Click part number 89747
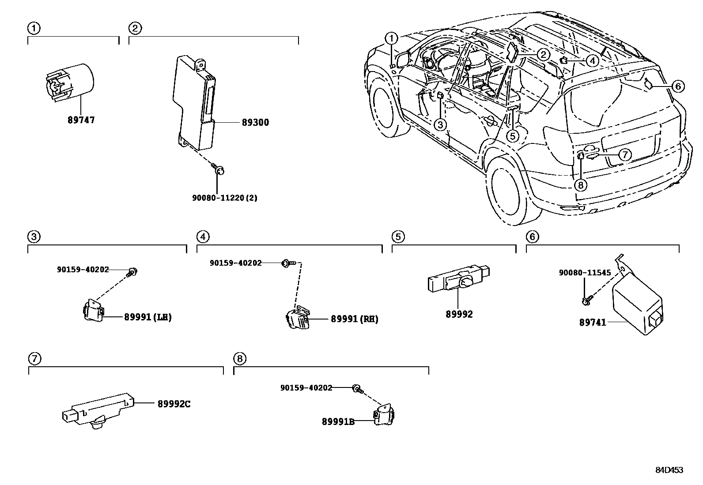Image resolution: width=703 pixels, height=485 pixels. pos(81,120)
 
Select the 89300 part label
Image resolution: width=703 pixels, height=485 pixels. pos(255,122)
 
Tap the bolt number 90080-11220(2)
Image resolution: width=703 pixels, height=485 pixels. pos(224,198)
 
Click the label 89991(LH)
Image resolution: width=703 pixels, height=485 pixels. pos(147,317)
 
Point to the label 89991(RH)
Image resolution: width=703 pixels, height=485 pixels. pos(354,319)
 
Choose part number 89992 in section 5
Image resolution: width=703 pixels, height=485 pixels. pos(459,314)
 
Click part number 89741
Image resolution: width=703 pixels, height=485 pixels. pos(593,323)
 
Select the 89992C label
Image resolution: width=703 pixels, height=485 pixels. pos(174,404)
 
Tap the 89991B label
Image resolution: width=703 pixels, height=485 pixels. pos(338,421)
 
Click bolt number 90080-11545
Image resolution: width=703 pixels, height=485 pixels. pos(585,273)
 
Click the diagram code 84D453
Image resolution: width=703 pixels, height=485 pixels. pos(669,470)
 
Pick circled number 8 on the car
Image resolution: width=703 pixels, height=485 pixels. pos(581,184)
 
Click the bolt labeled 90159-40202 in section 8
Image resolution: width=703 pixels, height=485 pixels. pos(356,389)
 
